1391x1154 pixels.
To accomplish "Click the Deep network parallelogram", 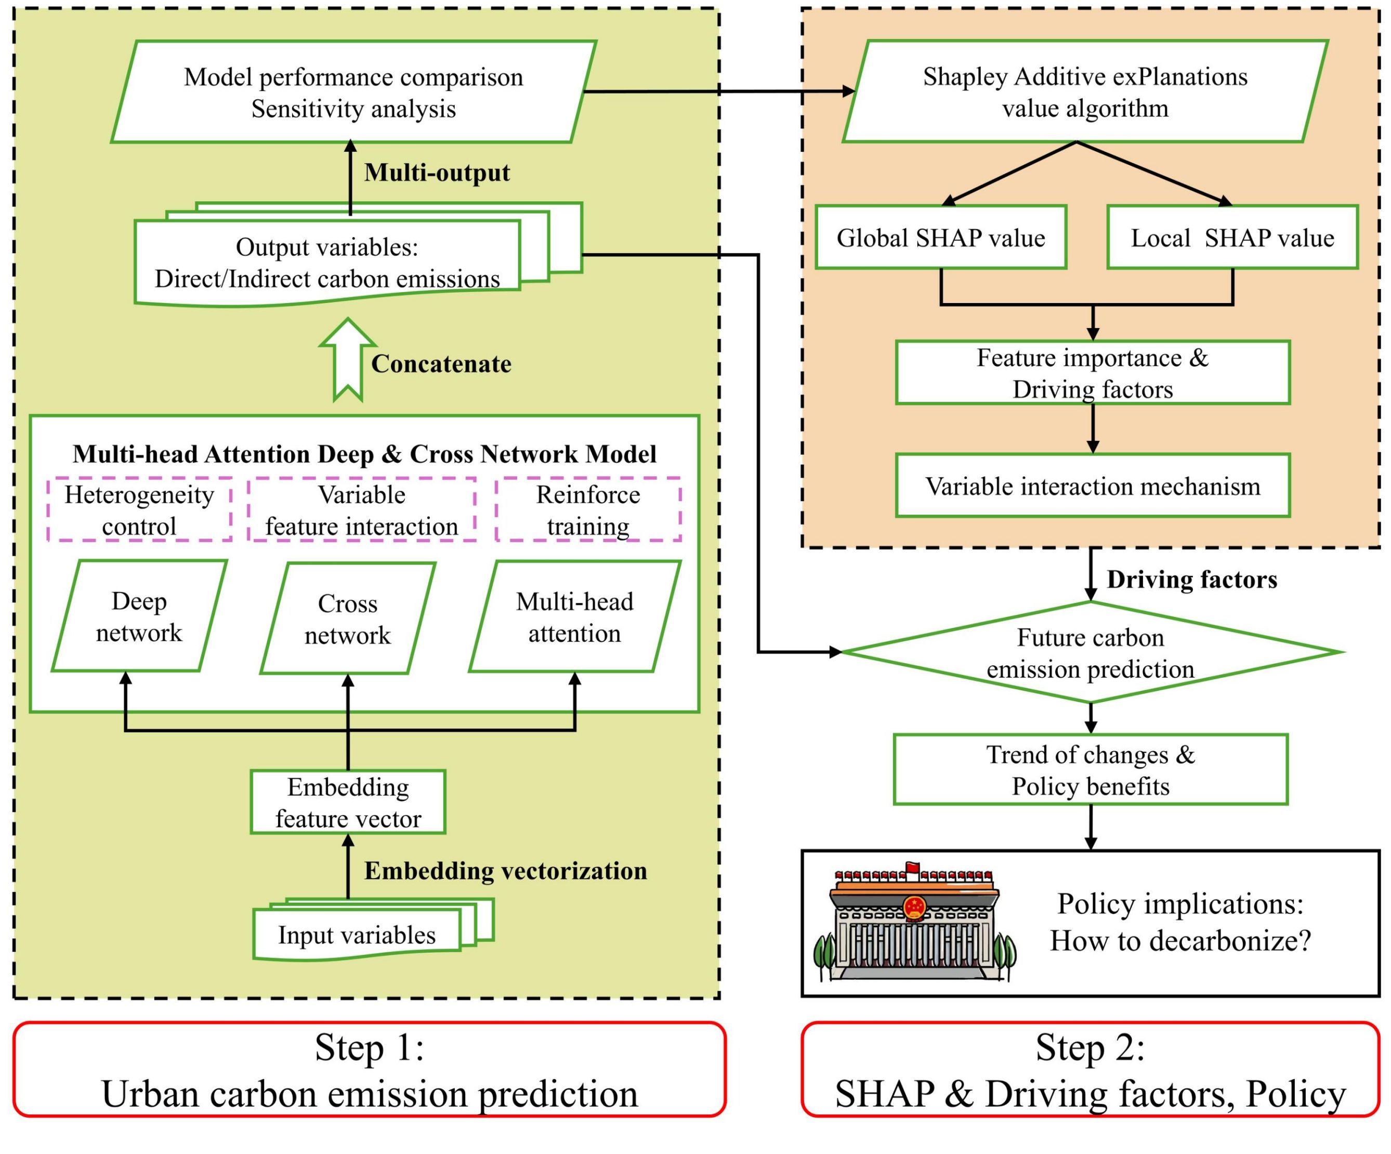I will click(139, 617).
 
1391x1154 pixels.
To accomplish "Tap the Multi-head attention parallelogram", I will click(575, 618).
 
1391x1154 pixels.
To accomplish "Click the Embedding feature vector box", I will click(348, 802).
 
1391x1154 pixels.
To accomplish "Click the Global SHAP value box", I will click(940, 237).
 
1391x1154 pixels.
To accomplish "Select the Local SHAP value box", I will click(1232, 237).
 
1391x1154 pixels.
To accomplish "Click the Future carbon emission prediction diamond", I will click(1091, 652).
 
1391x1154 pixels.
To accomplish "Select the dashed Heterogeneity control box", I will click(139, 509).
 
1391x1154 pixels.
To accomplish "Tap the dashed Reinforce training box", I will click(588, 509).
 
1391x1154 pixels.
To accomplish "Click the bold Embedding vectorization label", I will click(505, 871).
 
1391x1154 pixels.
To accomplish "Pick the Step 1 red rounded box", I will click(369, 1069).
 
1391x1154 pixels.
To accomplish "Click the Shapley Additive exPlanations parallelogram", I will click(1085, 91).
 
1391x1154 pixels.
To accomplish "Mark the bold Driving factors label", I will click(1191, 579).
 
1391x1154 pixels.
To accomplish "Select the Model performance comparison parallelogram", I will click(353, 92).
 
